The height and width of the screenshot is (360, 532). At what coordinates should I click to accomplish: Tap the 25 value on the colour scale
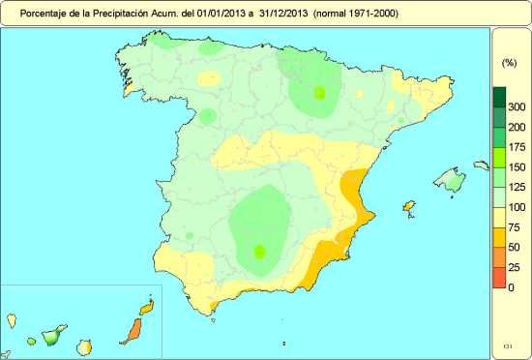[517, 268]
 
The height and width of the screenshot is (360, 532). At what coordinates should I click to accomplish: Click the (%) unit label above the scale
[509, 61]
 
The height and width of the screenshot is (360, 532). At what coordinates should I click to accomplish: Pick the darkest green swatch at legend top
[499, 97]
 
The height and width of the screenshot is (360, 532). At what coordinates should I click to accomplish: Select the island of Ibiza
[408, 207]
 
